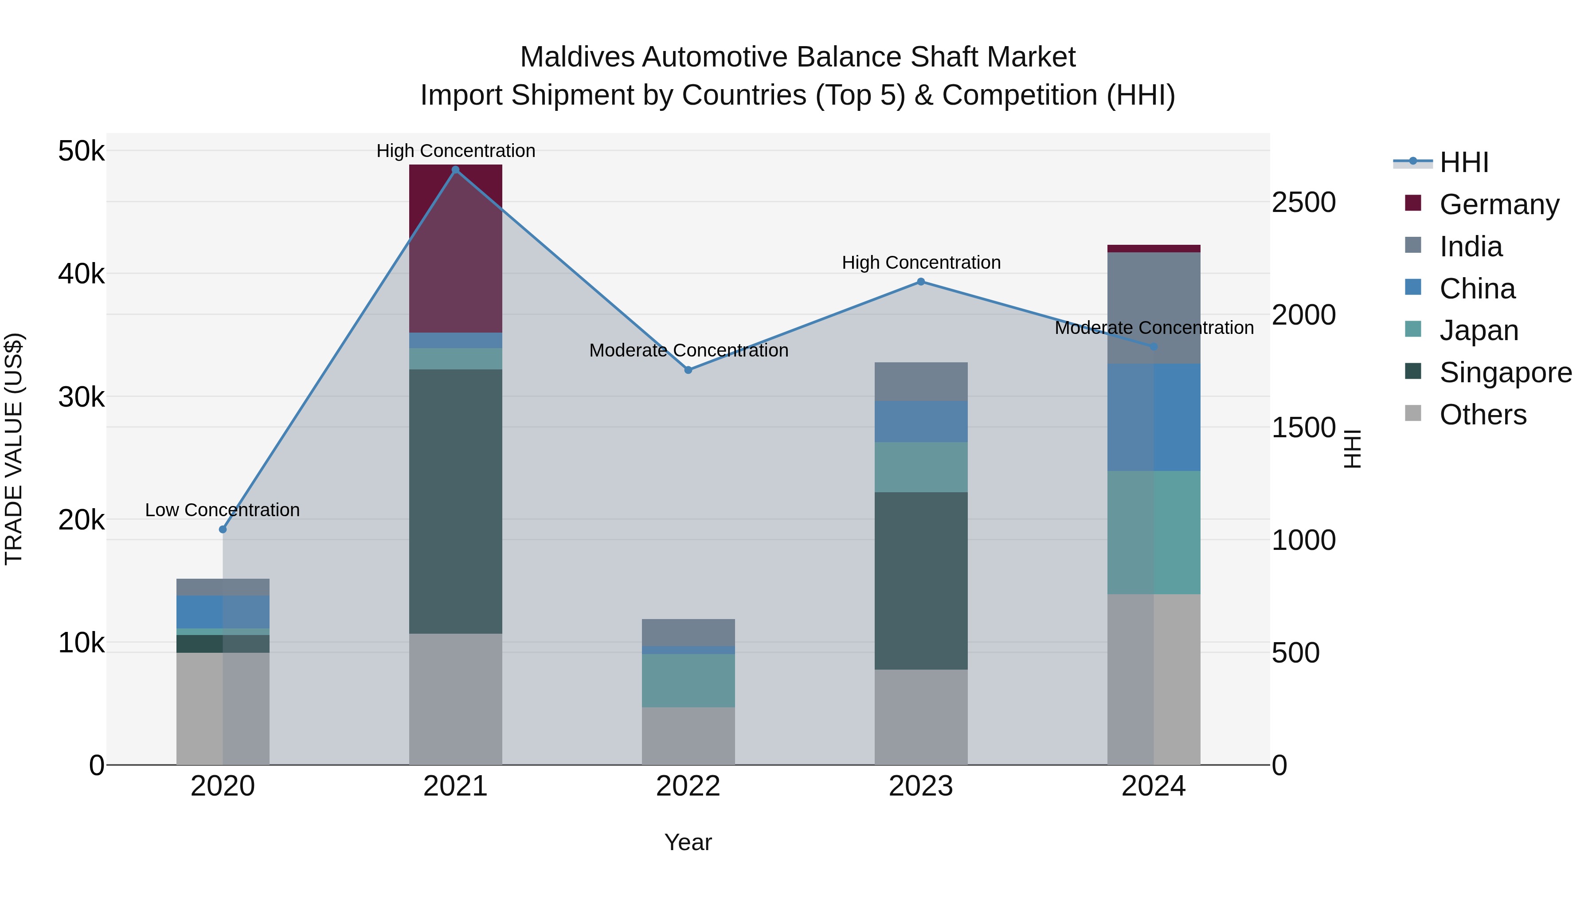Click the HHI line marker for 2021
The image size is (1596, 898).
tap(455, 170)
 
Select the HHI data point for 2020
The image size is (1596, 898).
tap(223, 529)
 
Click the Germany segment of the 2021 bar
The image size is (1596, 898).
tap(455, 248)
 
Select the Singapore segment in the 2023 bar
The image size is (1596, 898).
tap(921, 580)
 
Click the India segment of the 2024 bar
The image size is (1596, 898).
tap(1154, 308)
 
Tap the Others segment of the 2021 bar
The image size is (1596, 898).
tap(455, 699)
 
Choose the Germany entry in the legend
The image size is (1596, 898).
tap(1498, 204)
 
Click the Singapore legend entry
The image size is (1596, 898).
tap(1504, 373)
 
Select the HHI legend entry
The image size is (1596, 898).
tap(1463, 162)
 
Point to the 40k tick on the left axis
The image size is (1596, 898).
tap(81, 273)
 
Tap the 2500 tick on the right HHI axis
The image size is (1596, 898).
tap(1303, 203)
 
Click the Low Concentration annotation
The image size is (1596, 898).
tap(223, 510)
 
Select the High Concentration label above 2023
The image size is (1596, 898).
tap(921, 263)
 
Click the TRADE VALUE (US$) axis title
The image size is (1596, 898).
tap(14, 449)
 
